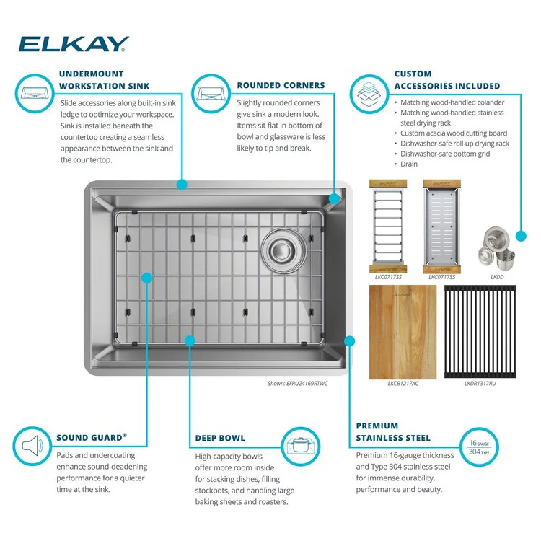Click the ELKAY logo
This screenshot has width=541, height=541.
(x=74, y=44)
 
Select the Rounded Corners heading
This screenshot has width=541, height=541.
(x=281, y=85)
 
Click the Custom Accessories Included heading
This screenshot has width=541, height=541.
(x=447, y=79)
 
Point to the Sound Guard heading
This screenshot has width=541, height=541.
(x=92, y=437)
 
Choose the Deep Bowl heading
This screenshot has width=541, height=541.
(x=220, y=438)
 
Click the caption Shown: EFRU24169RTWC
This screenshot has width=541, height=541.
(x=297, y=384)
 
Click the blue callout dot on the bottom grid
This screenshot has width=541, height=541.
(x=146, y=276)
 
